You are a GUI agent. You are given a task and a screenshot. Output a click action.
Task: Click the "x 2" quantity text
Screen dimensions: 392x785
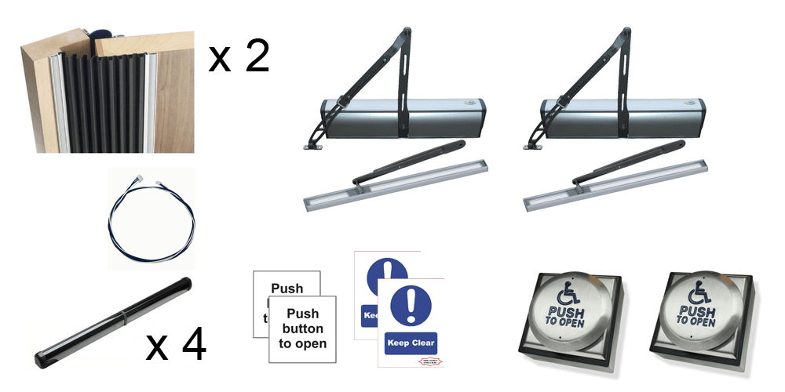click(x=239, y=57)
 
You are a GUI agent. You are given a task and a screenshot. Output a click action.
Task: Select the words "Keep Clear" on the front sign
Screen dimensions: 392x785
click(x=410, y=343)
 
